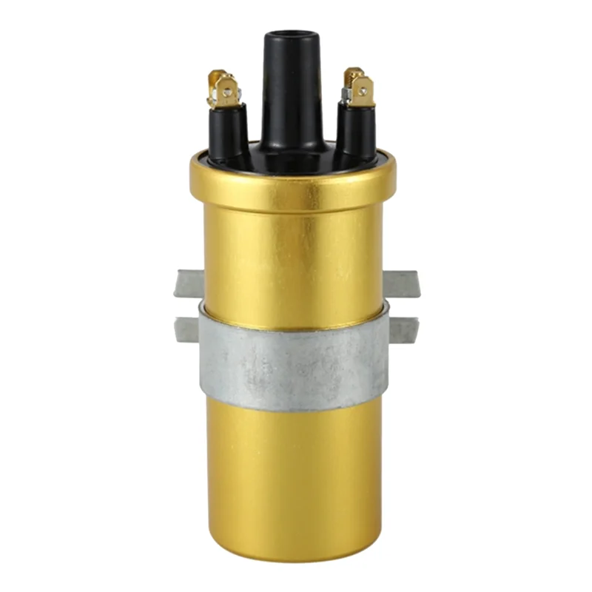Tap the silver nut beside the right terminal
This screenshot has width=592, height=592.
[x=346, y=95]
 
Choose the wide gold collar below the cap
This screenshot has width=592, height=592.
[x=292, y=181]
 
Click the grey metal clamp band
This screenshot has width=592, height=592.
[x=292, y=363]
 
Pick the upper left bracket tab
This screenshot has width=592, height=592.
[x=187, y=283]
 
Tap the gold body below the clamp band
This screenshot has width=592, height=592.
[x=292, y=474]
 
